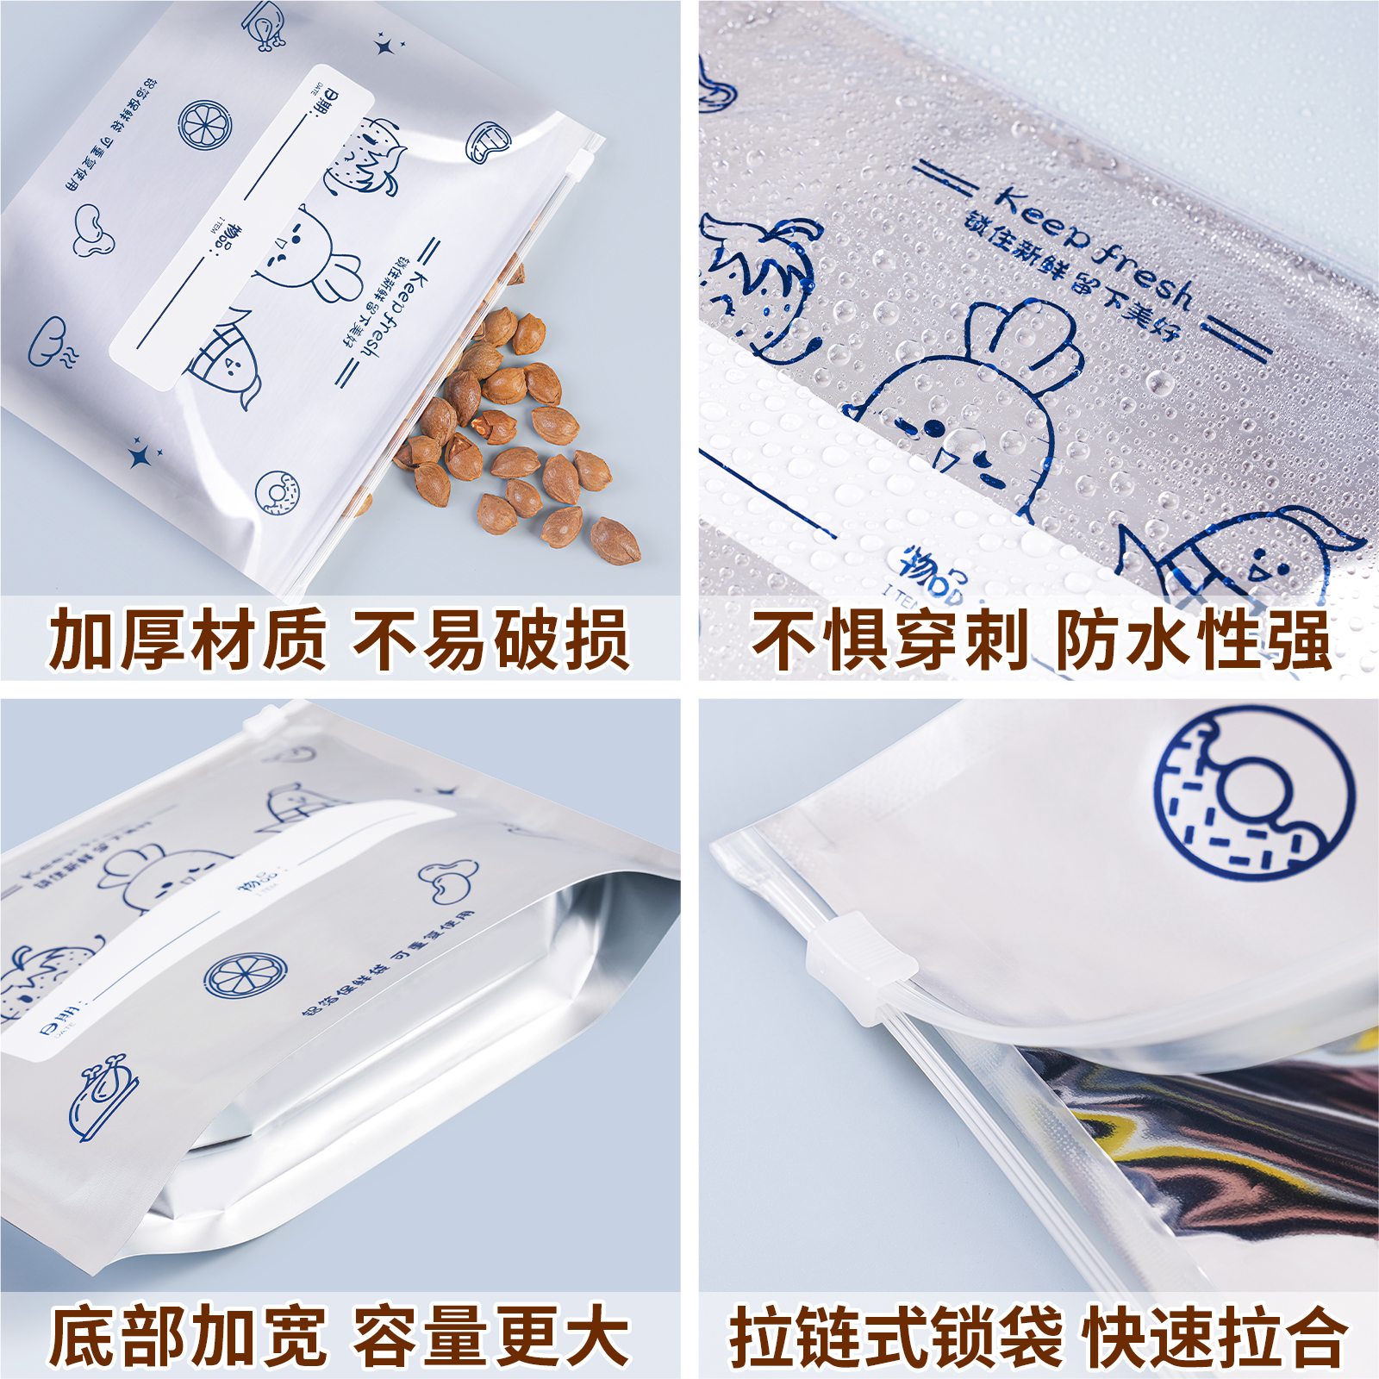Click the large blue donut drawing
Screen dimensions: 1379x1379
(x=1254, y=794)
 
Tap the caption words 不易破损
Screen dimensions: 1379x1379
(x=491, y=640)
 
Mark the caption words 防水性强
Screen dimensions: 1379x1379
(x=1194, y=640)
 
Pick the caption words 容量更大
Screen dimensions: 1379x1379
(x=491, y=1336)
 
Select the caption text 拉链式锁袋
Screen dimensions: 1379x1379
(x=896, y=1336)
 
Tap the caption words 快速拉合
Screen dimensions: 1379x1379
(x=1215, y=1336)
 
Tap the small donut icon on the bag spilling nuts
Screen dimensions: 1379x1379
(x=278, y=493)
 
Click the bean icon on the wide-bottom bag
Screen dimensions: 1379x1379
(x=448, y=879)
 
